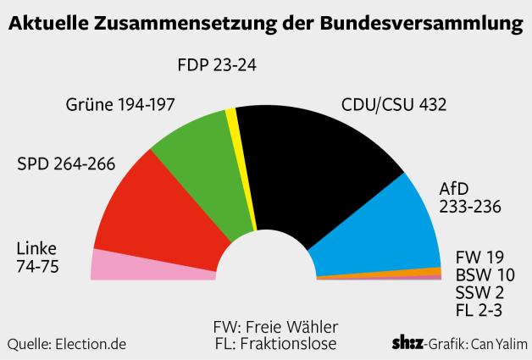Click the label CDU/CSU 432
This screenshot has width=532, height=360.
pyautogui.click(x=393, y=105)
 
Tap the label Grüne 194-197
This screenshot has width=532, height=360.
pyautogui.click(x=119, y=105)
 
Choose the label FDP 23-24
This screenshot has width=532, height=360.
pyautogui.click(x=217, y=64)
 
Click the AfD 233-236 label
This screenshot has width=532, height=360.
pyautogui.click(x=470, y=197)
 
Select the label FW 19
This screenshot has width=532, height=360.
pyautogui.click(x=479, y=257)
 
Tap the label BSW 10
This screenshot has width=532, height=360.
pyautogui.click(x=484, y=274)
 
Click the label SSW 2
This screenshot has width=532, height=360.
pyautogui.click(x=479, y=292)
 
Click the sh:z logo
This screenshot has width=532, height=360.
pyautogui.click(x=408, y=343)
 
